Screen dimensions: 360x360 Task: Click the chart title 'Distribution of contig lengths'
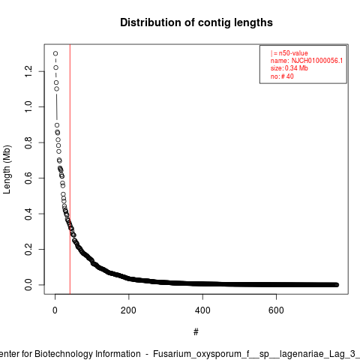196,22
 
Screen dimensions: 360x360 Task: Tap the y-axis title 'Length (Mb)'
7,169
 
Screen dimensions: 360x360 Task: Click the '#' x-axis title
196,332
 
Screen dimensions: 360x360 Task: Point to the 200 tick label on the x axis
128,310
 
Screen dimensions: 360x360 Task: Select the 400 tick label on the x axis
202,310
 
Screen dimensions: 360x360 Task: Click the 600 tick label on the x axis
276,310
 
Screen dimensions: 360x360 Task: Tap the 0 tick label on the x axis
55,310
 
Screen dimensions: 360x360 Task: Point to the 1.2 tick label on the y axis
28,71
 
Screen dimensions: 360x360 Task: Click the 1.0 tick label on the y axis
28,106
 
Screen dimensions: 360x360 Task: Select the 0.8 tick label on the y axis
28,142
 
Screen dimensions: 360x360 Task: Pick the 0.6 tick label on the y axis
28,178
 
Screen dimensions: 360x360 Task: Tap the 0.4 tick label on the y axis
28,214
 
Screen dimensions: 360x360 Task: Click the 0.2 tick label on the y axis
28,249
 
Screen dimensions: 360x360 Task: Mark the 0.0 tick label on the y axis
28,285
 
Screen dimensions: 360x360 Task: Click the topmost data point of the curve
55,53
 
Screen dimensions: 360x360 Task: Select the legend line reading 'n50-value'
289,53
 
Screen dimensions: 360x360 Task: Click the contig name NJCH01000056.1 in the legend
317,61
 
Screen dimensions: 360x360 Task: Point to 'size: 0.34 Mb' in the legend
289,68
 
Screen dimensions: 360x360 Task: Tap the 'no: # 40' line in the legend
282,76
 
